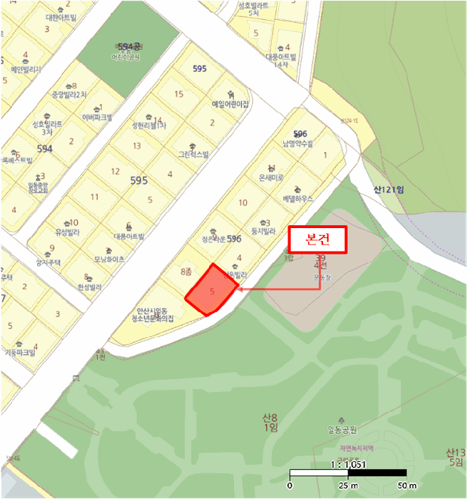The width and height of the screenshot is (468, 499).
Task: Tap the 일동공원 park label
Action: (x=342, y=429)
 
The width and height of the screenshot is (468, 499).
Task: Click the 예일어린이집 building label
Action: (x=230, y=103)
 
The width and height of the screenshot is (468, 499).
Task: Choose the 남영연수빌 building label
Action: (x=297, y=143)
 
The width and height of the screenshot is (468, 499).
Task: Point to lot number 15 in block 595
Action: (x=179, y=93)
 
